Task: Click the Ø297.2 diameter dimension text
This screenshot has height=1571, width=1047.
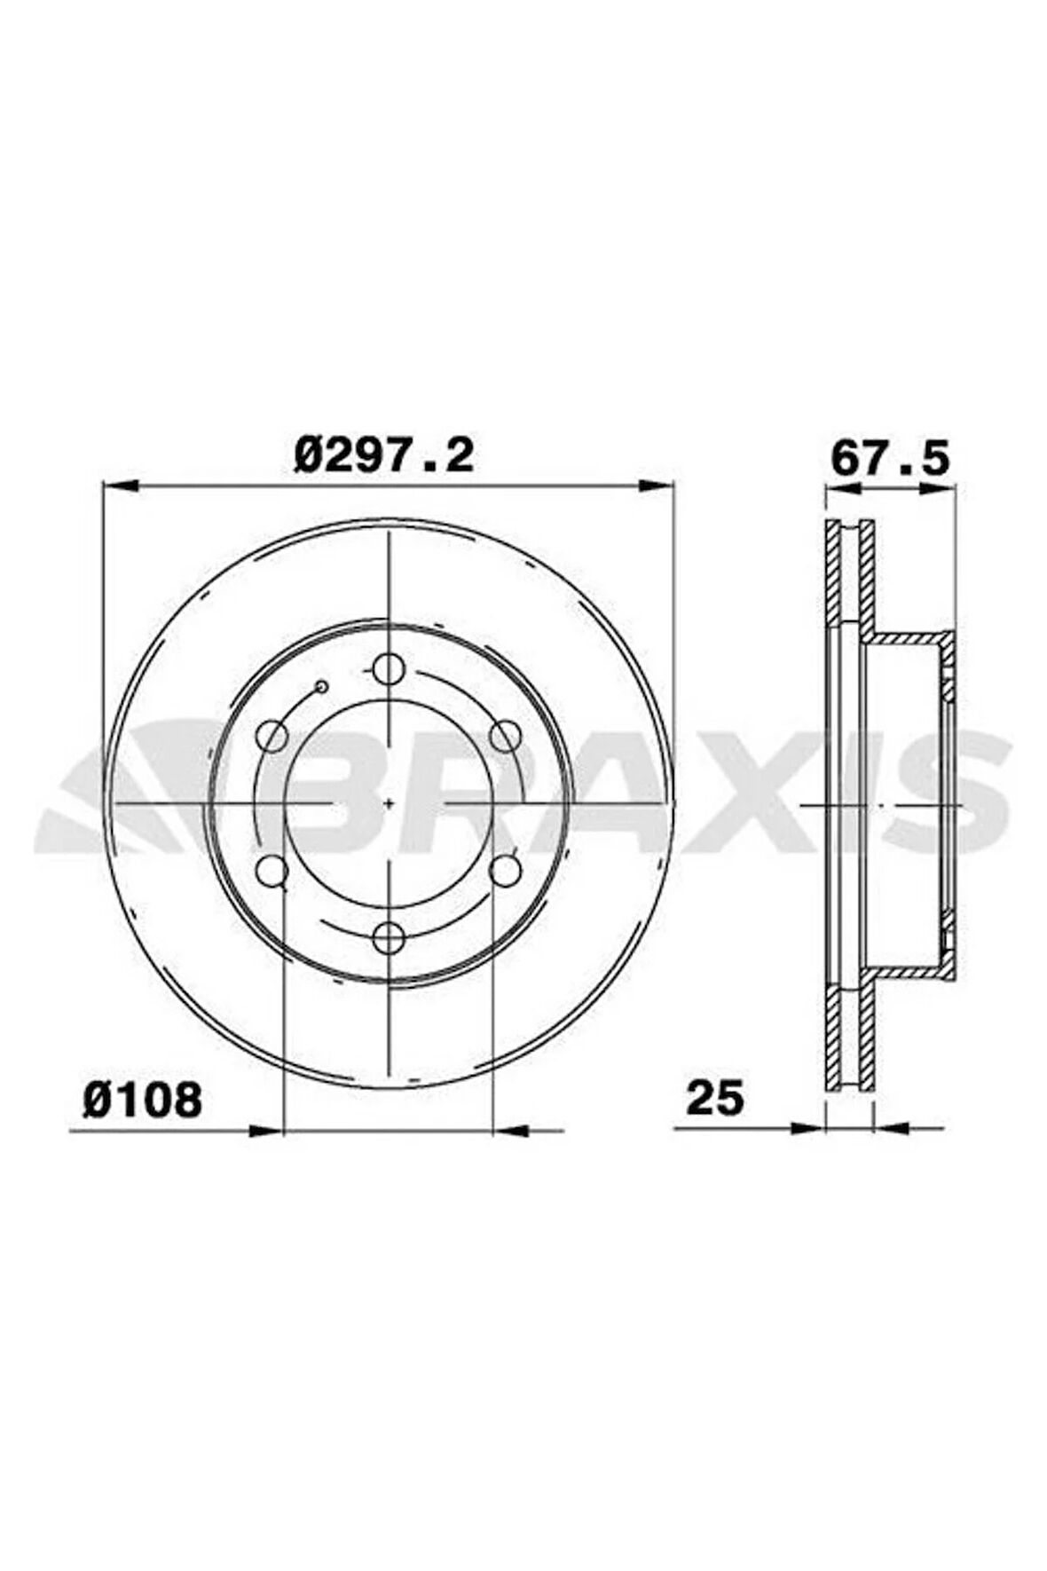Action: pyautogui.click(x=384, y=456)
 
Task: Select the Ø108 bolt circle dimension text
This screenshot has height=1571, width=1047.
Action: pyautogui.click(x=143, y=1101)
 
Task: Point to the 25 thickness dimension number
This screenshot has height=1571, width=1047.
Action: pyautogui.click(x=715, y=1098)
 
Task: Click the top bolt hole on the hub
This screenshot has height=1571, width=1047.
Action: pyautogui.click(x=389, y=669)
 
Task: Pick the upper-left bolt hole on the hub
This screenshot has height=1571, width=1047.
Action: pyautogui.click(x=273, y=736)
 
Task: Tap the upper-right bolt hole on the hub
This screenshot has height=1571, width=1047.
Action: pyautogui.click(x=505, y=736)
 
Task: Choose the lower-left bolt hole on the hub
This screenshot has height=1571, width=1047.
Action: pyautogui.click(x=273, y=870)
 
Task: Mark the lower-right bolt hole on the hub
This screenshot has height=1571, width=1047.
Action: pyautogui.click(x=505, y=870)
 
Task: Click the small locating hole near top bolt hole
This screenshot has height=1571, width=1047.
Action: pyautogui.click(x=322, y=686)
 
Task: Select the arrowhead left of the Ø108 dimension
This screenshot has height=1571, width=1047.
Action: pyautogui.click(x=265, y=1131)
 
